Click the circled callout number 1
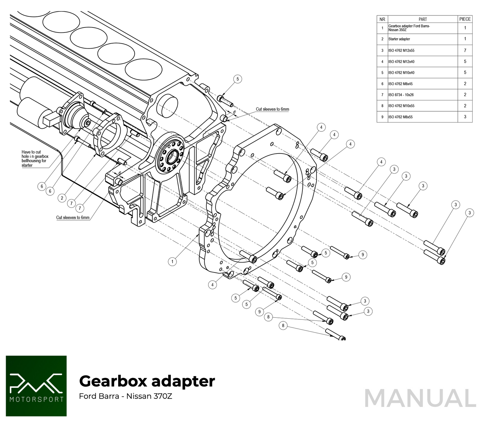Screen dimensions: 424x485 point(172,261)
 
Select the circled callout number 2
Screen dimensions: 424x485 point(62,198)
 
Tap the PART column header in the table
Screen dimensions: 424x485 point(423,19)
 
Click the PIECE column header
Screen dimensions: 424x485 point(465,19)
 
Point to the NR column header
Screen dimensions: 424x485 point(382,19)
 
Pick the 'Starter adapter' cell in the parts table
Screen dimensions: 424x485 point(399,39)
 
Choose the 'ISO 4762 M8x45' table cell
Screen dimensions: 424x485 point(400,84)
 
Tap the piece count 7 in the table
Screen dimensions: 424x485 point(465,50)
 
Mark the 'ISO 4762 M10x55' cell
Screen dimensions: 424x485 point(401,106)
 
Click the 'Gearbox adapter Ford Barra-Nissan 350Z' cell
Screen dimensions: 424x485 point(409,28)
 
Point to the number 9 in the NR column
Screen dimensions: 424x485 point(382,117)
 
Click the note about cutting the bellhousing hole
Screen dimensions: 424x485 point(35,159)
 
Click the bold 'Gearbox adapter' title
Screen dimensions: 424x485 point(147,381)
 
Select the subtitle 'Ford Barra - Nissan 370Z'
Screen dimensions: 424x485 point(126,396)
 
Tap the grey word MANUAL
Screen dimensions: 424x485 point(420,399)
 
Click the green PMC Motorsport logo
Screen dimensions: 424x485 point(36,386)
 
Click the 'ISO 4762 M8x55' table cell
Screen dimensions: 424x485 point(400,117)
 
